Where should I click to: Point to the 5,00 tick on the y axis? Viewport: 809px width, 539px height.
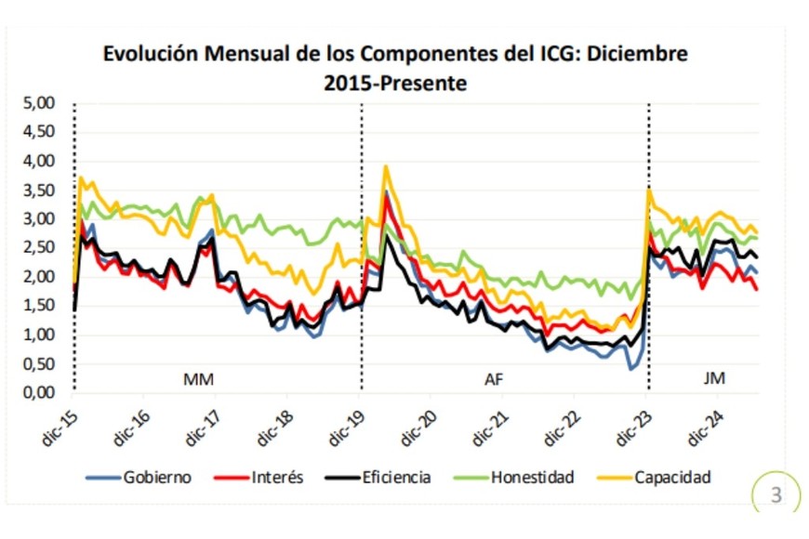coord(40,103)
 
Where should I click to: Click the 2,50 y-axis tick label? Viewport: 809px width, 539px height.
coord(40,248)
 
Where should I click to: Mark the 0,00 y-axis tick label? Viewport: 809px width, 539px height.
coord(40,393)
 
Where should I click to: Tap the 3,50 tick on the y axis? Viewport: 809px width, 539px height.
coord(40,191)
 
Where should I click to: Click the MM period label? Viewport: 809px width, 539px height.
coord(199,378)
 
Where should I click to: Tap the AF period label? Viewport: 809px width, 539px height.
coord(495,378)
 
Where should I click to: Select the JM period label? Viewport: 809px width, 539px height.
coord(714,378)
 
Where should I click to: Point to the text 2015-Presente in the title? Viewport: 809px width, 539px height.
coord(395,83)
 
